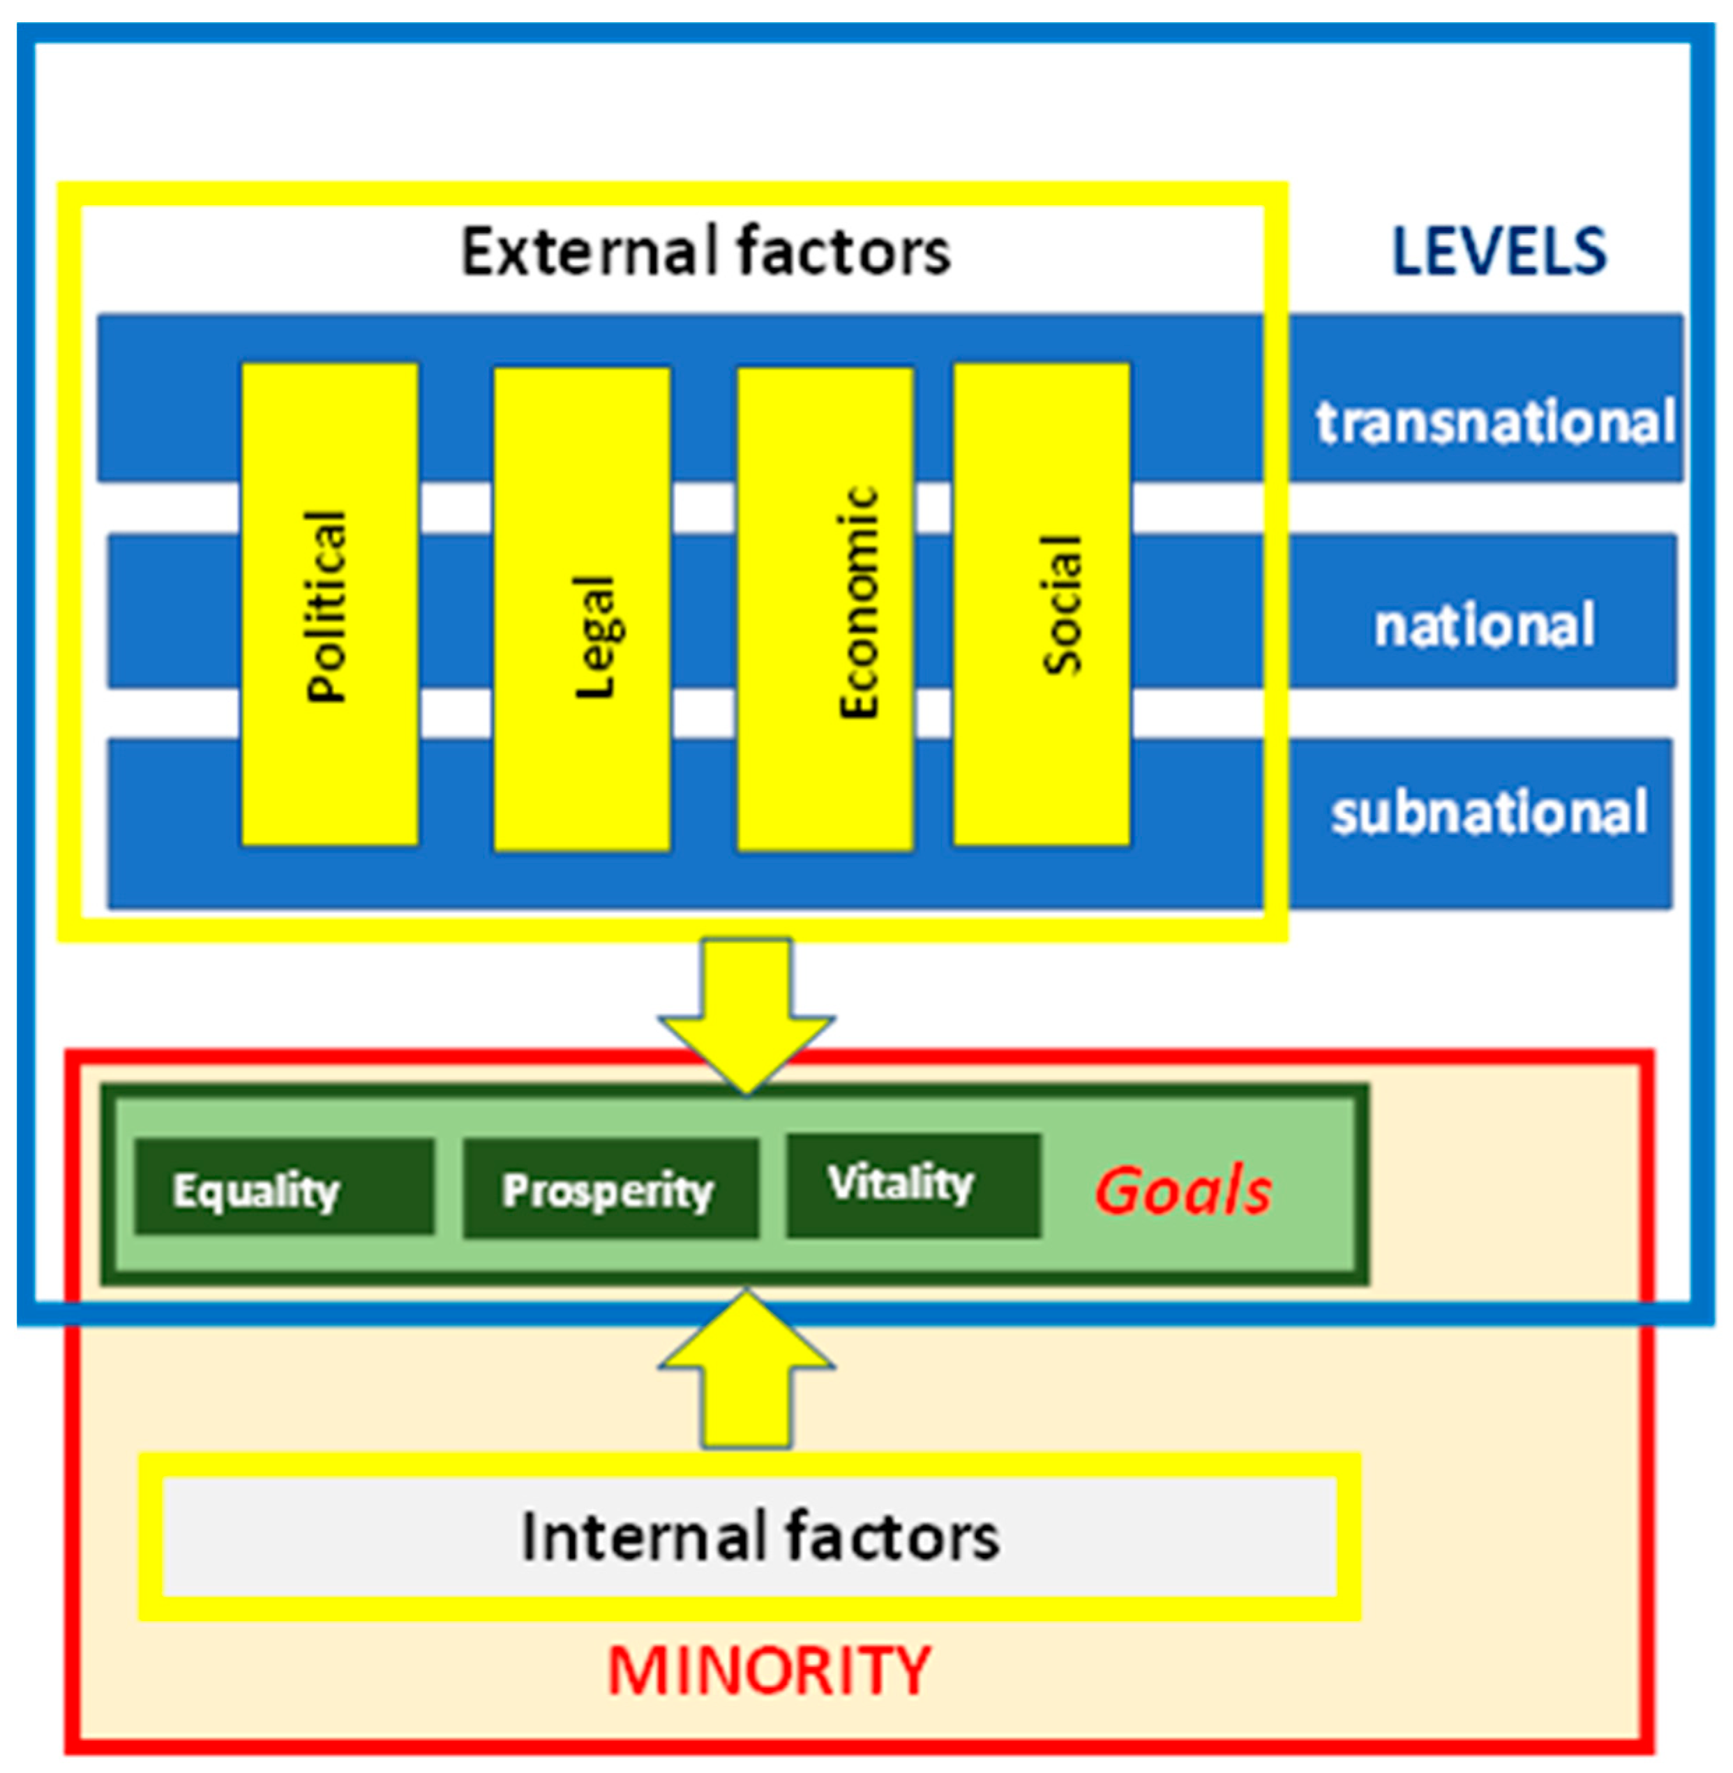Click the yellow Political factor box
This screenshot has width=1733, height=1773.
329,604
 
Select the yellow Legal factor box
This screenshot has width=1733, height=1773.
582,609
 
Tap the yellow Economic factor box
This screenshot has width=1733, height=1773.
825,609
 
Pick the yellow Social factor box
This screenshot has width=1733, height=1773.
1041,604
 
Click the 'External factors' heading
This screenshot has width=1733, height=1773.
705,251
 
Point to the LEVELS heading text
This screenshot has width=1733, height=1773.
1499,251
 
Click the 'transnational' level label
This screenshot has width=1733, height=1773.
1494,422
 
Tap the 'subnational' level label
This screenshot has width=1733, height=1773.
1489,813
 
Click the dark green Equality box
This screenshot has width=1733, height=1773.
284,1187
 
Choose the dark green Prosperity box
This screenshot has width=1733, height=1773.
610,1189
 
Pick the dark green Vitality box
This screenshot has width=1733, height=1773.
913,1185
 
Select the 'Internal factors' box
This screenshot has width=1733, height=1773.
749,1537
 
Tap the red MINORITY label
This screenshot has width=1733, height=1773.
769,1670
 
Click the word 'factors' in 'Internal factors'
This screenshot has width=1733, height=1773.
892,1537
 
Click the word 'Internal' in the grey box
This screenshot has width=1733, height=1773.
642,1537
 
